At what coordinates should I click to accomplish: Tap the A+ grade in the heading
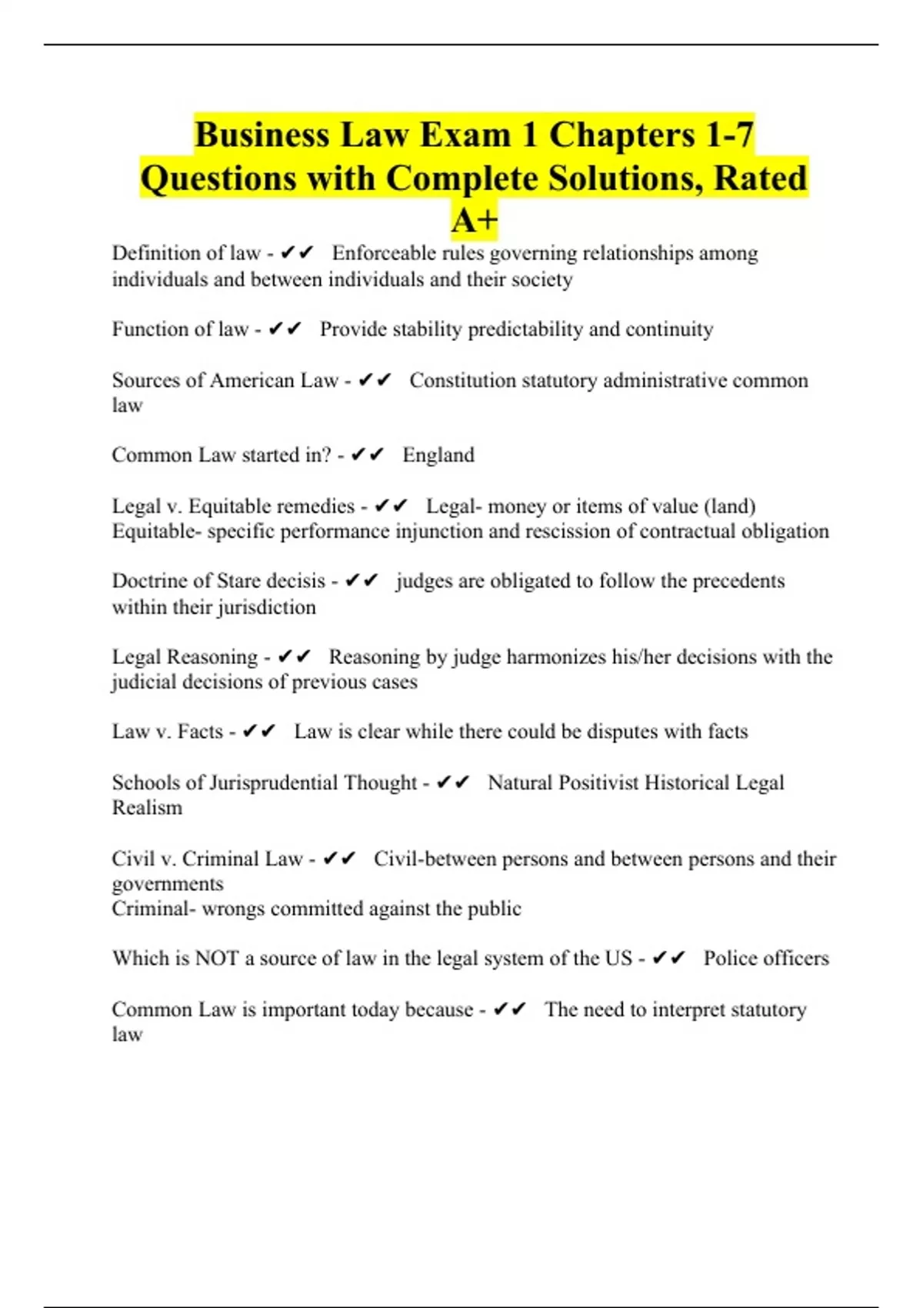point(475,222)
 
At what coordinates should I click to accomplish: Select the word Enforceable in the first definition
point(384,253)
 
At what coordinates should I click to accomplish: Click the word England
point(438,455)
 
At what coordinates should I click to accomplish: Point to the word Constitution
point(462,380)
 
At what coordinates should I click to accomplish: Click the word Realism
point(147,808)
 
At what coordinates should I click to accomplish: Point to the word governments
point(168,883)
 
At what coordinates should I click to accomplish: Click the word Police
point(728,958)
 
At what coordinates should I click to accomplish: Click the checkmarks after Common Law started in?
point(367,455)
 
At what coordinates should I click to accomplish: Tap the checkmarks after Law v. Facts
point(258,731)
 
